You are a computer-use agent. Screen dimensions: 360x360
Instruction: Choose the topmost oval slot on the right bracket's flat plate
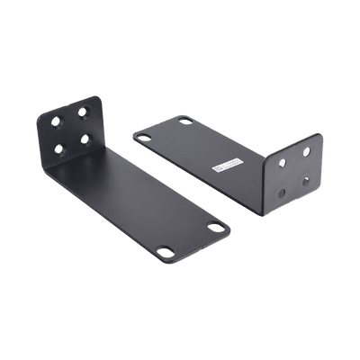point(186,121)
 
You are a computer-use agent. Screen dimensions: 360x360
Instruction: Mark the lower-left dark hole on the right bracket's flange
point(284,191)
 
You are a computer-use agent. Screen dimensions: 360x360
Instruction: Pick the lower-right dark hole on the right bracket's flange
point(307,180)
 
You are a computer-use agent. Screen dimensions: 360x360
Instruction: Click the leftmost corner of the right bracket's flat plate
point(131,136)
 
